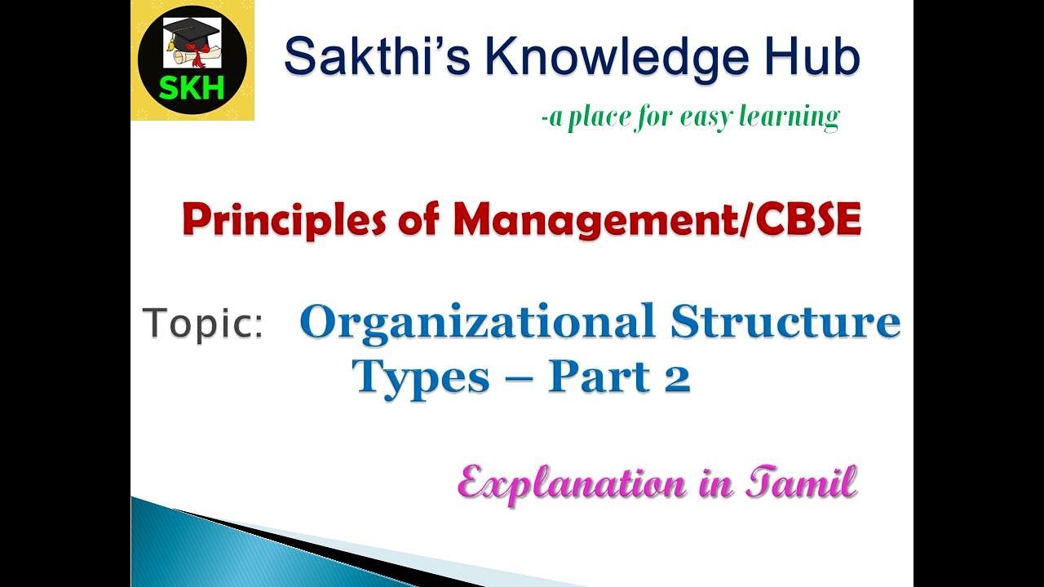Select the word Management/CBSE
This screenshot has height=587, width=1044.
[657, 220]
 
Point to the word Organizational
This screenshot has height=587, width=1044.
[477, 321]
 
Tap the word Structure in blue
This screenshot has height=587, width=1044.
[785, 321]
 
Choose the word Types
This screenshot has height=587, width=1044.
[421, 377]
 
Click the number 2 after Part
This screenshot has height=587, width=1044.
[677, 377]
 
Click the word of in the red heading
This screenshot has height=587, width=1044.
[419, 220]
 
